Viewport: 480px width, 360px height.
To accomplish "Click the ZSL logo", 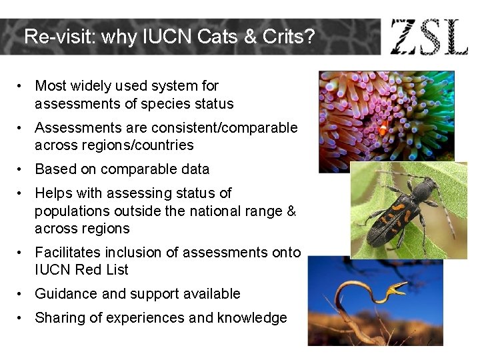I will pos(429,37).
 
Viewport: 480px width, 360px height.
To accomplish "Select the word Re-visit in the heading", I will pos(57,37).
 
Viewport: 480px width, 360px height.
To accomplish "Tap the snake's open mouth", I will pos(397,289).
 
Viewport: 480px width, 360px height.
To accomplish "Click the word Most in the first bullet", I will pos(51,86).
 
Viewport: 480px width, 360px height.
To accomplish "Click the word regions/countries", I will pos(128,145).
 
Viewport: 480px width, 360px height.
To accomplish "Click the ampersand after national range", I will pos(291,211).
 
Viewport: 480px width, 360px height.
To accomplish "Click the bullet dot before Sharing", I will pos(22,318).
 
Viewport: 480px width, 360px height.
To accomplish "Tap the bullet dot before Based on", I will pos(22,169).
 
